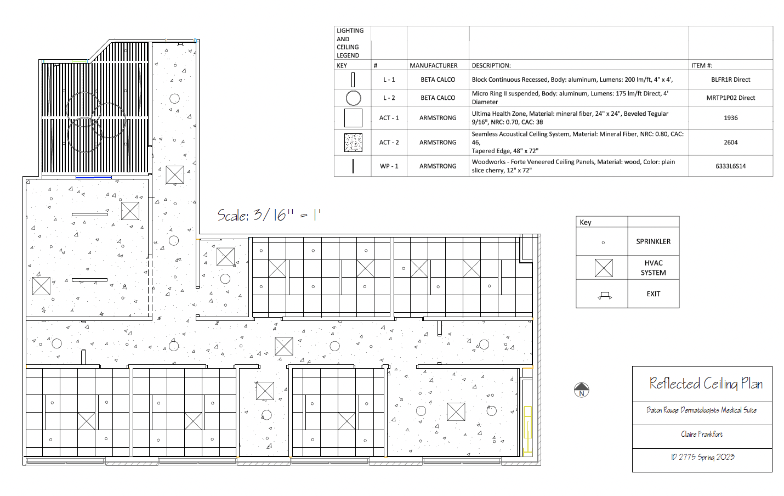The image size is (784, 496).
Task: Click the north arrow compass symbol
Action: point(581,390)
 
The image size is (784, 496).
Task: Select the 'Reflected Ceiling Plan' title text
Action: point(706,384)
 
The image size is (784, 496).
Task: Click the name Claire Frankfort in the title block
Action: point(702,434)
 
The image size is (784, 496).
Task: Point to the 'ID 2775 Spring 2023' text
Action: point(702,456)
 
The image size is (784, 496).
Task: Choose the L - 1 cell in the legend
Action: point(389,80)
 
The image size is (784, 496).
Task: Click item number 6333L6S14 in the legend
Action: point(730,166)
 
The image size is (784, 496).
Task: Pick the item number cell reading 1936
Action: point(730,118)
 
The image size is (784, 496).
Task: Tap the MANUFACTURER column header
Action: point(433,65)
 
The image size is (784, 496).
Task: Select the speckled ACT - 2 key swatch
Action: point(353,142)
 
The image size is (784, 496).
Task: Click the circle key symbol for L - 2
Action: point(353,98)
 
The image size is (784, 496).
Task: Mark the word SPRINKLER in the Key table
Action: point(653,241)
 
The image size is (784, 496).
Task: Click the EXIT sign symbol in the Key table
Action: point(605,295)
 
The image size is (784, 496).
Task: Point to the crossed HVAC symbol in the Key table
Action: point(604,268)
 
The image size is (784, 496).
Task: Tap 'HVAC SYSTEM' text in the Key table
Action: point(653,268)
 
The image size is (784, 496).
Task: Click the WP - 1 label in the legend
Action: point(389,166)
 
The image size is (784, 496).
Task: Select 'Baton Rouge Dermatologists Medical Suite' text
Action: point(701,410)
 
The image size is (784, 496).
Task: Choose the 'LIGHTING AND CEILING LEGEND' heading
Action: point(350,43)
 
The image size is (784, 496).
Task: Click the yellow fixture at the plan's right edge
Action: point(527,431)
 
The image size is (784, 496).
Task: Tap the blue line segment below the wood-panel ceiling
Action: point(93,178)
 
